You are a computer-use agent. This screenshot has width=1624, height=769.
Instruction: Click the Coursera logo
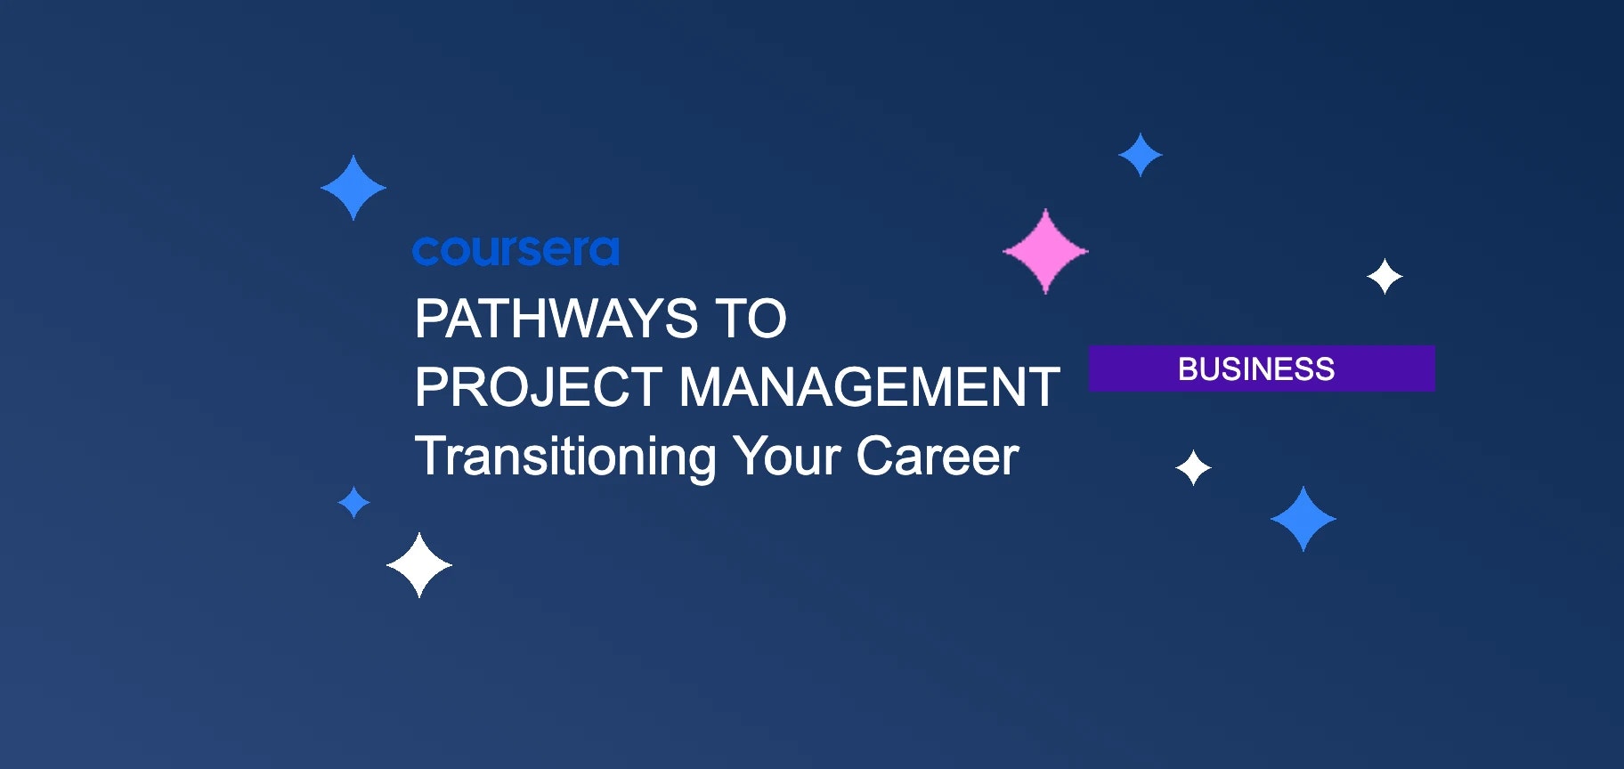click(516, 251)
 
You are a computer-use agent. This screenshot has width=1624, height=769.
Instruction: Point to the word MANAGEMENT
click(869, 387)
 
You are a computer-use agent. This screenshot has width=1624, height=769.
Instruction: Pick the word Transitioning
click(565, 457)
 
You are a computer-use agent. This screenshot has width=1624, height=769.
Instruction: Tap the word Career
click(937, 457)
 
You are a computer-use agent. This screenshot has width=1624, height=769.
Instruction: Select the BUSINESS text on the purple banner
click(1256, 368)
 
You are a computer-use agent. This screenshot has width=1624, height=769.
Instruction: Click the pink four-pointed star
click(1045, 251)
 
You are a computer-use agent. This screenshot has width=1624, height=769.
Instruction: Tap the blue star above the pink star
click(1141, 155)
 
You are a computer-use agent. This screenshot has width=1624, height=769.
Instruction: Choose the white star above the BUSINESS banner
click(1384, 277)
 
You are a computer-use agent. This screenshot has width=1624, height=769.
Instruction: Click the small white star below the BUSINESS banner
click(1193, 467)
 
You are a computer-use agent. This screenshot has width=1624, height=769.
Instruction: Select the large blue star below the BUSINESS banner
click(1303, 519)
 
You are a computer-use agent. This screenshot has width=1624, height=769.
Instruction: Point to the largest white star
click(419, 565)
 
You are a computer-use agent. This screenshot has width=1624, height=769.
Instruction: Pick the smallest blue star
click(354, 502)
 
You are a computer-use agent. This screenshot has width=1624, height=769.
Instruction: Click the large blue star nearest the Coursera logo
click(353, 188)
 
